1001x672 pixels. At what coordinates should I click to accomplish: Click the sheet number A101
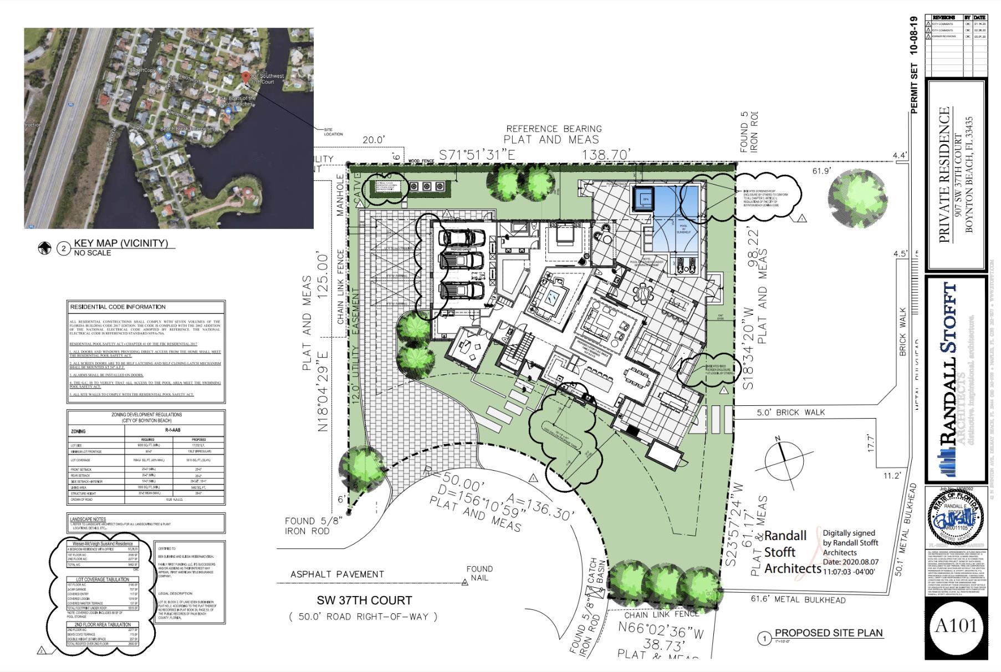955,626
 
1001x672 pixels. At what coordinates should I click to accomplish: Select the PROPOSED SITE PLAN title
828,633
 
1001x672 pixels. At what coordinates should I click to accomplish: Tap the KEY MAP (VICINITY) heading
120,243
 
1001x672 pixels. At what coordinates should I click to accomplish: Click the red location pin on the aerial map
246,78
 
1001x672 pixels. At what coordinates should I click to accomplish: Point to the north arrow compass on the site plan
784,460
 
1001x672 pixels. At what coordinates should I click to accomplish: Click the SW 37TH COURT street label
364,600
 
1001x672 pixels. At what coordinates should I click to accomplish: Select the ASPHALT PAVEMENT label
337,574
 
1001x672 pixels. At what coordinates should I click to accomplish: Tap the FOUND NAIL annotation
479,573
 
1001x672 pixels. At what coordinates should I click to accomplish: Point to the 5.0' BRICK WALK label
790,413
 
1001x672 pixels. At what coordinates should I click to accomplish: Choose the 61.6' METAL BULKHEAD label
798,599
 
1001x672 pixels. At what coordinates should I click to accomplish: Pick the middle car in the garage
461,262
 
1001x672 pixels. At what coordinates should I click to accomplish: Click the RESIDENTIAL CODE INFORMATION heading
118,307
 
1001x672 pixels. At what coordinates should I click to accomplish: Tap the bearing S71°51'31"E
477,156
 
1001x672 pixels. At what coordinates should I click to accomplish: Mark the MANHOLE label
340,195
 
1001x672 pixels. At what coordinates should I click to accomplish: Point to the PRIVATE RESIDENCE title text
945,175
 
